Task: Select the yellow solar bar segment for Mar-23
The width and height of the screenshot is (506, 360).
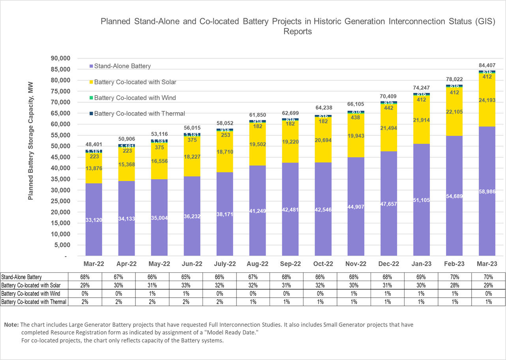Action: [x=487, y=101]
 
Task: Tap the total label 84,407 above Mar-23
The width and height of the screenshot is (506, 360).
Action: [x=487, y=65]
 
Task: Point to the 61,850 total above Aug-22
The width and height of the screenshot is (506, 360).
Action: [x=258, y=115]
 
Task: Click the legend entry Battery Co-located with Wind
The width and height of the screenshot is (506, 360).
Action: [x=135, y=98]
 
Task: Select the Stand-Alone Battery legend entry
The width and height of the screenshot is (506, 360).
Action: [x=122, y=66]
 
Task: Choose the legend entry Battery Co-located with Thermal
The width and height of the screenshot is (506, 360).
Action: [x=139, y=114]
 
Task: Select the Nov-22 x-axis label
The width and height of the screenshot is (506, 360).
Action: [x=356, y=264]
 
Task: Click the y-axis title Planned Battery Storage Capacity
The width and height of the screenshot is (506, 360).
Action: [x=31, y=141]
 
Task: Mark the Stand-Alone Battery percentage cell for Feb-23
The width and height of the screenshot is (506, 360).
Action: [x=455, y=277]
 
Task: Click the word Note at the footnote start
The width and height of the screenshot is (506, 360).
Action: [x=11, y=324]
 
